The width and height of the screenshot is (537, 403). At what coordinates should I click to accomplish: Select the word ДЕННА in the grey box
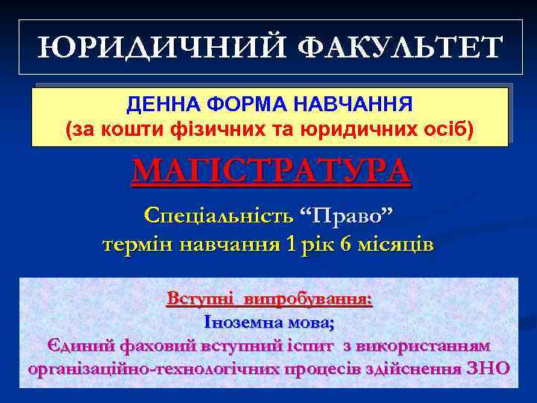coord(156,101)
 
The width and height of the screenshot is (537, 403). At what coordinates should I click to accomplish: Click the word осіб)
coord(447,130)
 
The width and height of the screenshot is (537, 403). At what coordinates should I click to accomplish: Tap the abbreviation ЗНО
coord(487,368)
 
